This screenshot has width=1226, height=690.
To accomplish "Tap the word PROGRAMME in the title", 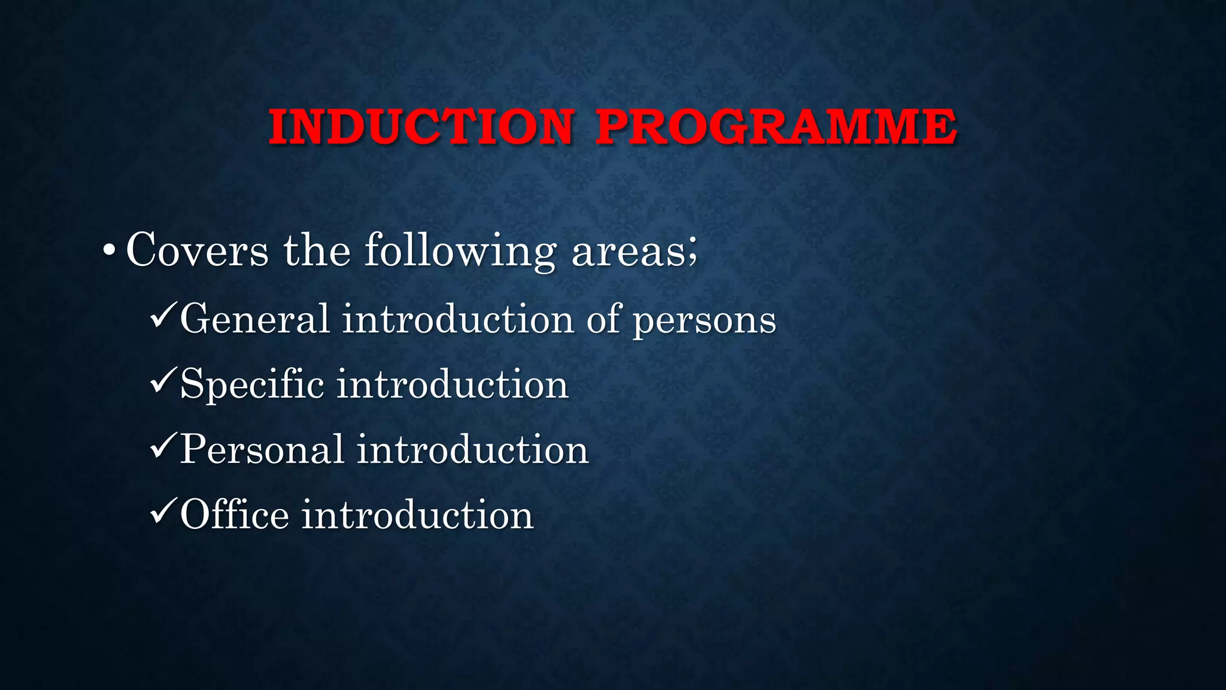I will (776, 127).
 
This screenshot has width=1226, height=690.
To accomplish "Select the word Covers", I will (197, 250).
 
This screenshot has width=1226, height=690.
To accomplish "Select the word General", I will (254, 319).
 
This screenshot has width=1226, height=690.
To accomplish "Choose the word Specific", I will (252, 385).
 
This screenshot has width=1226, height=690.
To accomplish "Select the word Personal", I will (262, 449).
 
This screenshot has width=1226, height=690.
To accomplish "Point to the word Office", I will (235, 515).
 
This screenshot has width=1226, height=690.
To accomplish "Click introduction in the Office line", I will (417, 515).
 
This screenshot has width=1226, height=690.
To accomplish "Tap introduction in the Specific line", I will (452, 384).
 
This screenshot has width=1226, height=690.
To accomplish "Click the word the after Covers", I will (317, 250).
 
